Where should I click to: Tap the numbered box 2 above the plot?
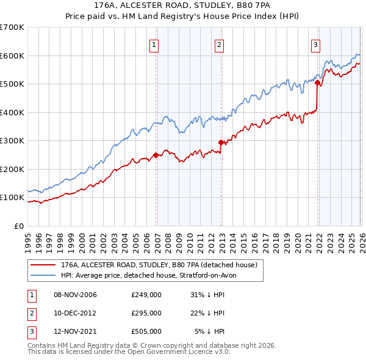[x=218, y=44]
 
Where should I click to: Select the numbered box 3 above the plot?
[x=315, y=44]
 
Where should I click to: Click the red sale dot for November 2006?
[x=156, y=155]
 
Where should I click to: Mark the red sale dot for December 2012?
[x=221, y=142]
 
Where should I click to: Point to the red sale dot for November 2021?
[x=317, y=82]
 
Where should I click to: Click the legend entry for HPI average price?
[x=152, y=275]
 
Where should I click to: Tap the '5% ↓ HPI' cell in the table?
[x=209, y=331]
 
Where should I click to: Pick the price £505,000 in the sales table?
[x=146, y=331]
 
